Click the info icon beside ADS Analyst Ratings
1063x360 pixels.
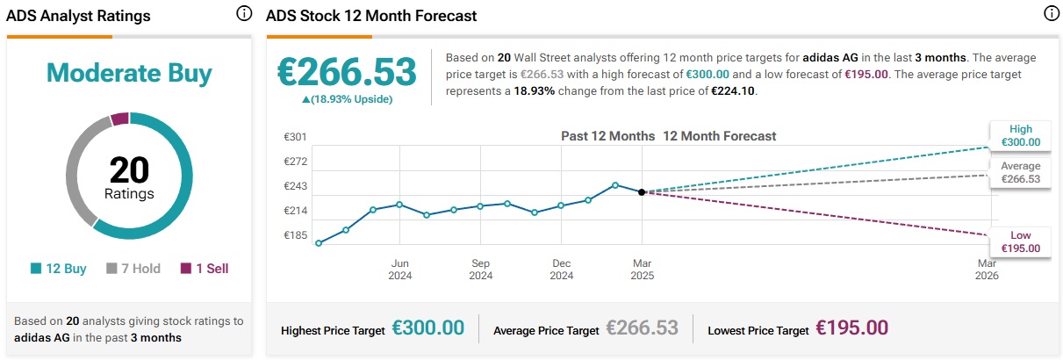[244, 14]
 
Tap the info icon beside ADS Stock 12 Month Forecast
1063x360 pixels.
[1051, 14]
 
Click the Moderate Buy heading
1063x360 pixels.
[129, 73]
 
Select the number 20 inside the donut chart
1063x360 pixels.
[129, 169]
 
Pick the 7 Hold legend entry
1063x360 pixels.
[133, 269]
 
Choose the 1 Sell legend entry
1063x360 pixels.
[205, 269]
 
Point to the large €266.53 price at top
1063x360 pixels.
[347, 71]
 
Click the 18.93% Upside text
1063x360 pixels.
[347, 99]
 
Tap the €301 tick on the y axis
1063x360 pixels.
[295, 137]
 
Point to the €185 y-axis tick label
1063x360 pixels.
[295, 236]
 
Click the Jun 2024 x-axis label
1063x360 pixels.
[400, 269]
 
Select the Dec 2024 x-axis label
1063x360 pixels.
[562, 269]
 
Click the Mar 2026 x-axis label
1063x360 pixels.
[987, 269]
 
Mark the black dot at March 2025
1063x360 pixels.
[642, 191]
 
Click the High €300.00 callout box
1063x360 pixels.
[1020, 134]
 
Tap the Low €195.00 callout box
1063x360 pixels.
[1020, 241]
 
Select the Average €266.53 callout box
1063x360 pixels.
[1020, 172]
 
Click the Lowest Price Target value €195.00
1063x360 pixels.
[851, 328]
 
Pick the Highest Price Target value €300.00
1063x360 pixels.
[427, 328]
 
